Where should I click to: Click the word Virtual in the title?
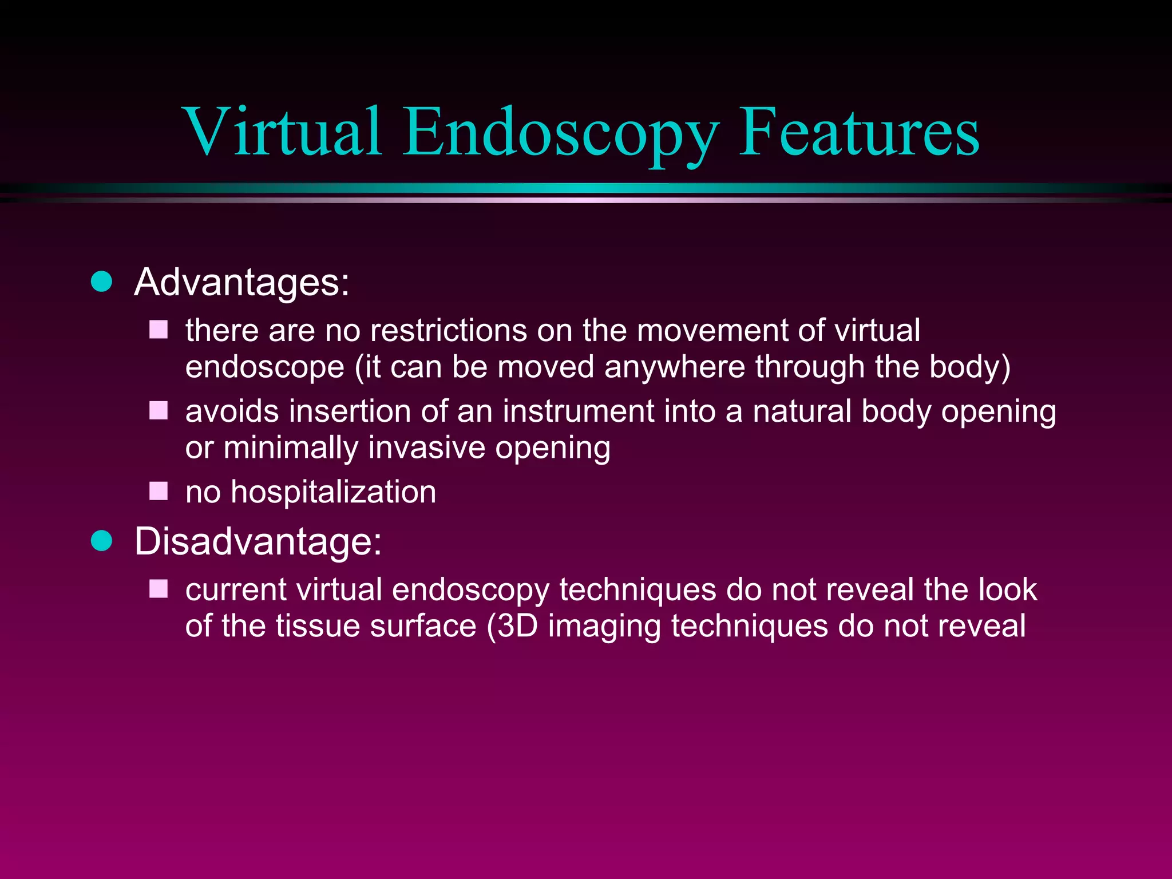coord(283,132)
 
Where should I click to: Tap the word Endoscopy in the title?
coord(560,134)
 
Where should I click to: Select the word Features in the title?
coord(859,132)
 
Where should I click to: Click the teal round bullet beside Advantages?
coord(102,282)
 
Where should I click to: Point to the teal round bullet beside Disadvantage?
coord(102,540)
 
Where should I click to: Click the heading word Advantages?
coord(241,283)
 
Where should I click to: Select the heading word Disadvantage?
coord(258,541)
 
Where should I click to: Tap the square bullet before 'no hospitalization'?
coord(159,491)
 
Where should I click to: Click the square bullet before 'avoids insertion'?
coord(159,410)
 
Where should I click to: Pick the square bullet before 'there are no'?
coord(159,330)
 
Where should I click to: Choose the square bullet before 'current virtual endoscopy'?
coord(159,588)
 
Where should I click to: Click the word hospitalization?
coord(333,492)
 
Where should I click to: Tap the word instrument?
coord(579,411)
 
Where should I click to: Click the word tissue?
coord(318,626)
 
